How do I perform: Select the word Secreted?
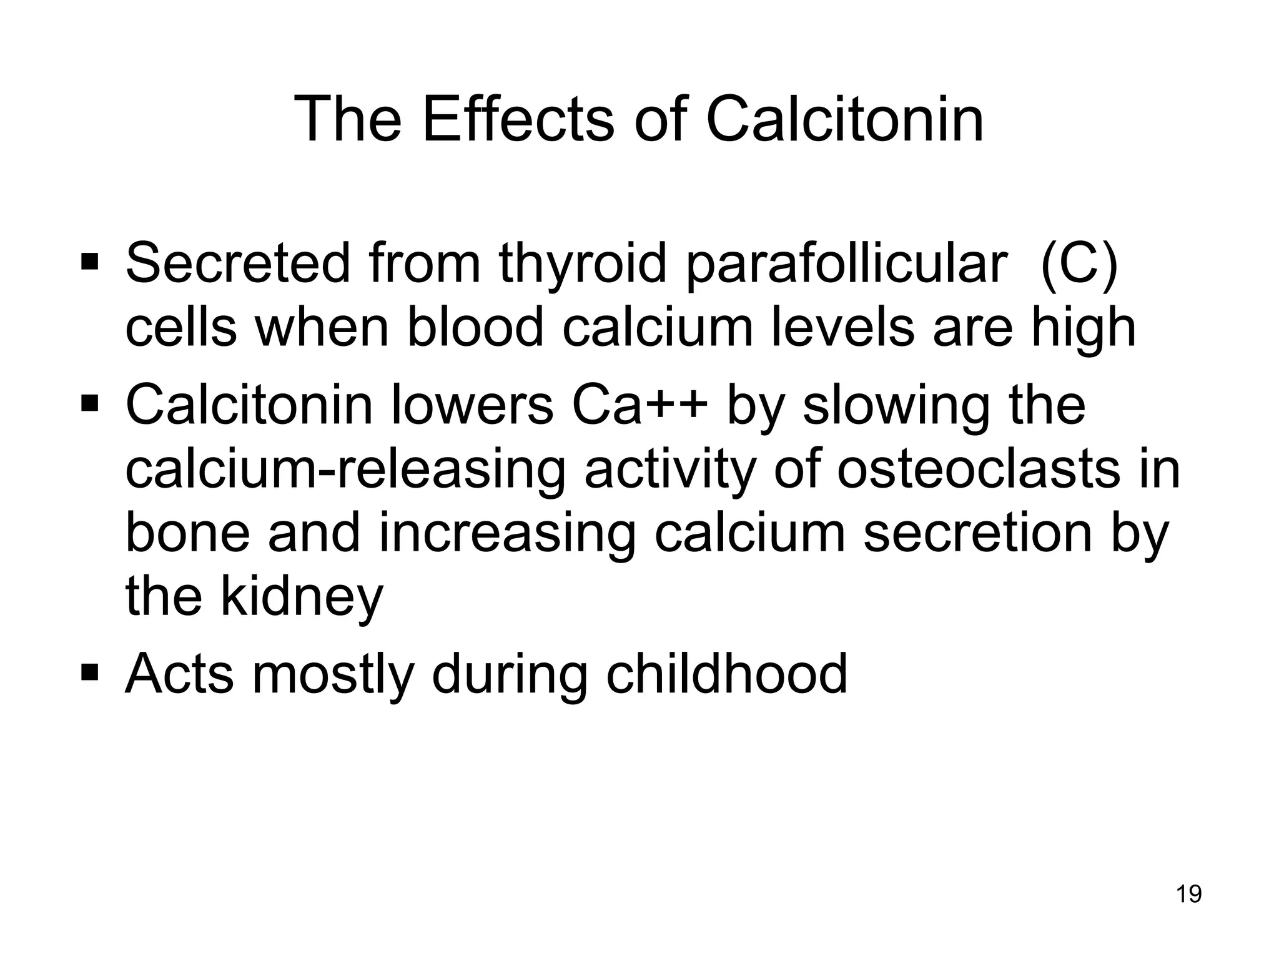[238, 263]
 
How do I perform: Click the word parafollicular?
[846, 263]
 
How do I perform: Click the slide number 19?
[1188, 895]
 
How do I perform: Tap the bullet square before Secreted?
[90, 258]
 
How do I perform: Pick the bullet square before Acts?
[90, 672]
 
